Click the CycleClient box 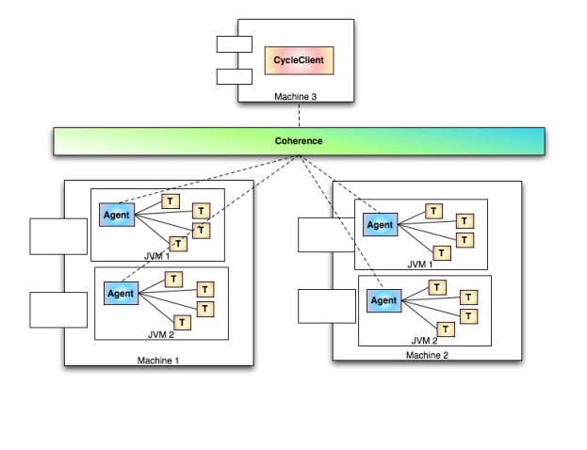(x=298, y=61)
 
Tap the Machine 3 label (x=297, y=95)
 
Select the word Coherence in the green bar (x=298, y=140)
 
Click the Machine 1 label (x=157, y=360)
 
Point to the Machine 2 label (x=428, y=354)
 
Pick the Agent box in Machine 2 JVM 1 (x=380, y=225)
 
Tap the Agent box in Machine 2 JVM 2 (x=384, y=300)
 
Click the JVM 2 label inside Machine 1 (x=161, y=333)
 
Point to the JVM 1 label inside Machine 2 (x=421, y=265)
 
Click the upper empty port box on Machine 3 (x=230, y=43)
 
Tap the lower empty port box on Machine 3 (x=230, y=76)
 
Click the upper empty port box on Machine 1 (x=57, y=235)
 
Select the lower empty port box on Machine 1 (x=57, y=310)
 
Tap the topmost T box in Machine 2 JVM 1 (x=433, y=211)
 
